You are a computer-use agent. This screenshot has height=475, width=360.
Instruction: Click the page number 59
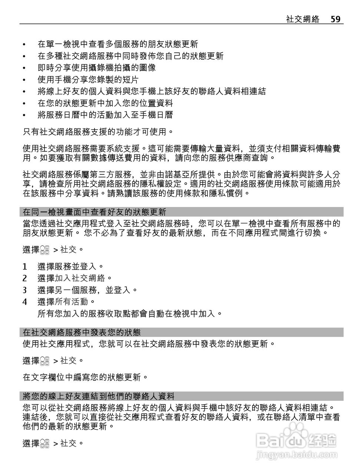tap(335, 19)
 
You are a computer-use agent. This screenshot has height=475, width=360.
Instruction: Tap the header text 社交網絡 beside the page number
tap(303, 19)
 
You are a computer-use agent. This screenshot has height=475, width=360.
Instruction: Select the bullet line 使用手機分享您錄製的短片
tap(88, 79)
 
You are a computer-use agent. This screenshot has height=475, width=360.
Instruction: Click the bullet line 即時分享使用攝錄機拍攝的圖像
tap(96, 68)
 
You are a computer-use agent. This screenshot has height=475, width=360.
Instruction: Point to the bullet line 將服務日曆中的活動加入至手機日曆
tap(105, 115)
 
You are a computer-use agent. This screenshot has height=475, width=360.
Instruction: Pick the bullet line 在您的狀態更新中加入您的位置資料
tap(105, 103)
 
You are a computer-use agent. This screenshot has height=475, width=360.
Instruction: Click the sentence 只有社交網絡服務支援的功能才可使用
tap(98, 131)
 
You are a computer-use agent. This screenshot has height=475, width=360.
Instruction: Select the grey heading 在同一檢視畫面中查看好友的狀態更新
tap(95, 212)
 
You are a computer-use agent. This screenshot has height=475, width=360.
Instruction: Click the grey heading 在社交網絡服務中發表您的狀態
tap(82, 332)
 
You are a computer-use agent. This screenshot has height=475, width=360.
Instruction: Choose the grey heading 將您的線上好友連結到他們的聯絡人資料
tap(99, 396)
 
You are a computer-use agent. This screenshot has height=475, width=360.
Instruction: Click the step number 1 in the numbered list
tap(25, 266)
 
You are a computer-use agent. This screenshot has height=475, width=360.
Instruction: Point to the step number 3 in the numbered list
tap(25, 290)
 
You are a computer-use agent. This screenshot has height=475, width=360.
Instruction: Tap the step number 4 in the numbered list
tap(25, 302)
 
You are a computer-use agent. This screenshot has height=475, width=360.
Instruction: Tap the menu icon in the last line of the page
tap(45, 443)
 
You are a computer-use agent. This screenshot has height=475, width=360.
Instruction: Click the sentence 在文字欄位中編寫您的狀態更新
tap(85, 377)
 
